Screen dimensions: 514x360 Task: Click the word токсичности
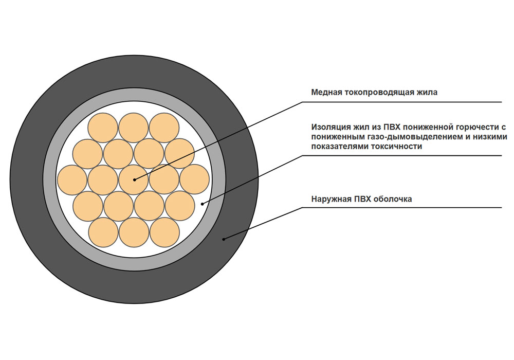coord(396,146)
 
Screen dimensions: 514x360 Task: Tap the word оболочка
coord(393,199)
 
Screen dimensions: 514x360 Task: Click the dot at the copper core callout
coord(134,179)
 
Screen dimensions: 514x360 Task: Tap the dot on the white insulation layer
coord(202,204)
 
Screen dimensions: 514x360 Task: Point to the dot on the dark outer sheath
coord(224,239)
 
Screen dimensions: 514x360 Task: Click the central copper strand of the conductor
coord(134,180)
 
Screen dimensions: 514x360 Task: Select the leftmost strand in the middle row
coord(72,180)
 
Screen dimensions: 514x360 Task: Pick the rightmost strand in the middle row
coord(194,180)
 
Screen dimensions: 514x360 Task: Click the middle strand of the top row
coord(134,128)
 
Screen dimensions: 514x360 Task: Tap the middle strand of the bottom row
coord(134,232)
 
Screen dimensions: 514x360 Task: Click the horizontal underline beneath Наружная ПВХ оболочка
coord(401,208)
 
